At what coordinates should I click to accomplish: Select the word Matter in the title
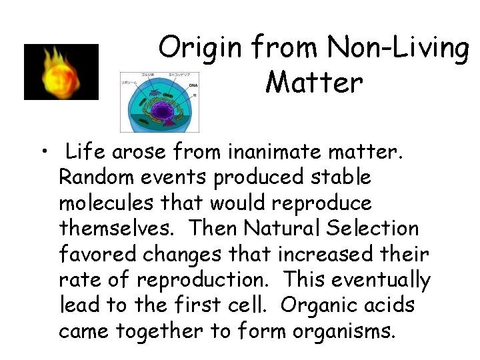point(313,83)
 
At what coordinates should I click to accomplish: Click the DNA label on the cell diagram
point(193,85)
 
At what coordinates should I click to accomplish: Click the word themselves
point(117,228)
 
